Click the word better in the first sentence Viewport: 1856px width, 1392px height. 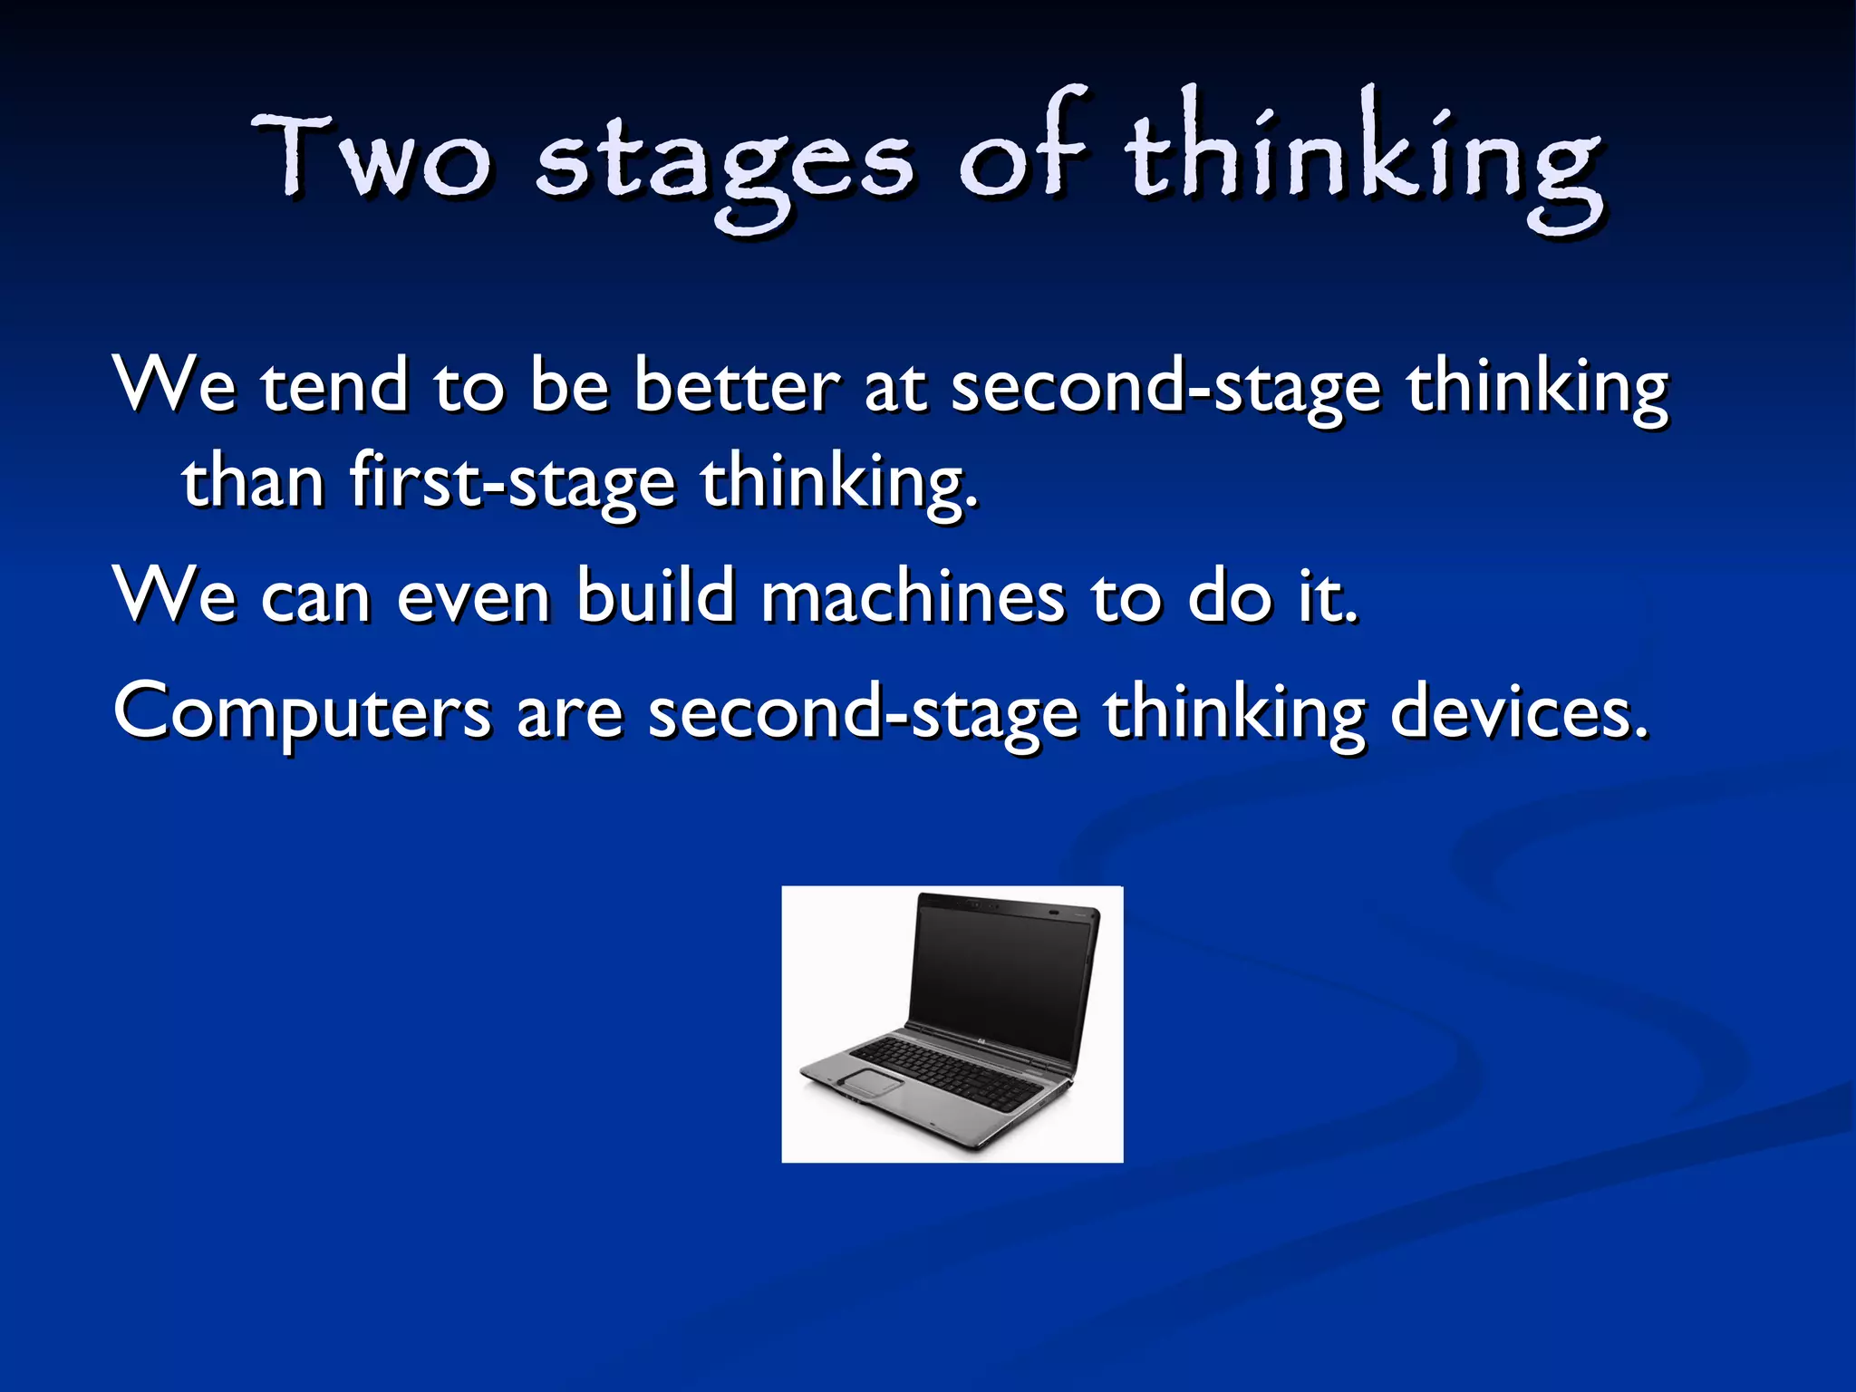pos(736,385)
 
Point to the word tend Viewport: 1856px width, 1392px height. pos(334,385)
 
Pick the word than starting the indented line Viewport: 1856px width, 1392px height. pos(253,481)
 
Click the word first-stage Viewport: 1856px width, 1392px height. pos(512,481)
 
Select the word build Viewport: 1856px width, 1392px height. pos(655,596)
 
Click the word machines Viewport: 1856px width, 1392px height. pos(913,596)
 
